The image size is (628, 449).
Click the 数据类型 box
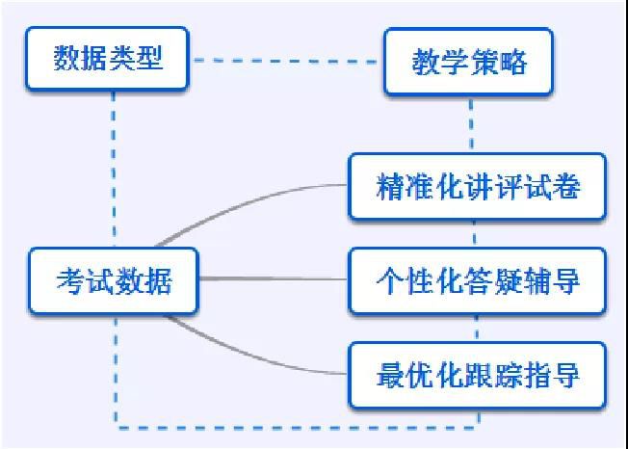click(x=107, y=59)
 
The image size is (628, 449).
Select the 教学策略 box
click(x=468, y=62)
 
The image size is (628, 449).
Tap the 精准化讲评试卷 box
click(x=478, y=187)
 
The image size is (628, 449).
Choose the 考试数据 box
click(x=114, y=280)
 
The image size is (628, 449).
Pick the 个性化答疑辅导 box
click(x=478, y=280)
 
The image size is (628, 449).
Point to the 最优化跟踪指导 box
click(x=478, y=376)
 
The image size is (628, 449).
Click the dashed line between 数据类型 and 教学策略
click(x=286, y=61)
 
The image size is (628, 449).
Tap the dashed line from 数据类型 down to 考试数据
click(x=114, y=169)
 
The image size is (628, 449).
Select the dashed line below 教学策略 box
click(x=471, y=124)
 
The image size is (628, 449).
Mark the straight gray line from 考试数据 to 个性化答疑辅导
click(x=274, y=278)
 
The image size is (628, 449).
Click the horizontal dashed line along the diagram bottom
click(x=298, y=428)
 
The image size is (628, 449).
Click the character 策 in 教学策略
click(x=483, y=62)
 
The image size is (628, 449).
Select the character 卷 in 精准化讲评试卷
click(x=566, y=187)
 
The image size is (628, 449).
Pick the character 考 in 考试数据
click(x=70, y=280)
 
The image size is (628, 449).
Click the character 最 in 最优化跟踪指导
click(x=390, y=376)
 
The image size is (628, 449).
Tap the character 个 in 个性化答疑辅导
click(x=390, y=280)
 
